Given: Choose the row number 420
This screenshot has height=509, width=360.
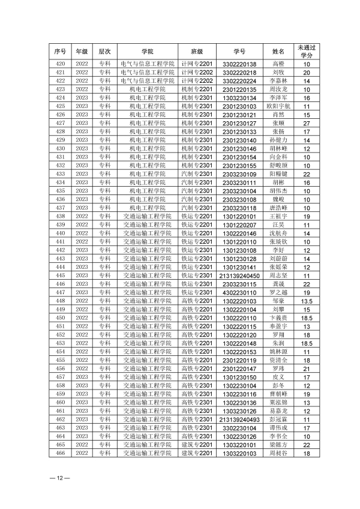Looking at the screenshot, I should (60, 64).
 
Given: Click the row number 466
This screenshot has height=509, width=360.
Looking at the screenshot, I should (60, 454).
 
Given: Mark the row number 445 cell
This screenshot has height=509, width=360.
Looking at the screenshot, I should (60, 276).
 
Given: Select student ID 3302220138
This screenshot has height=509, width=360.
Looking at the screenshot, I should (239, 64).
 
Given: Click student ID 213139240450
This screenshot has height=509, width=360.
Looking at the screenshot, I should (239, 276).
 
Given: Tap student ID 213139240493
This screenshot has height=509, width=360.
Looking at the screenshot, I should (239, 420).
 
